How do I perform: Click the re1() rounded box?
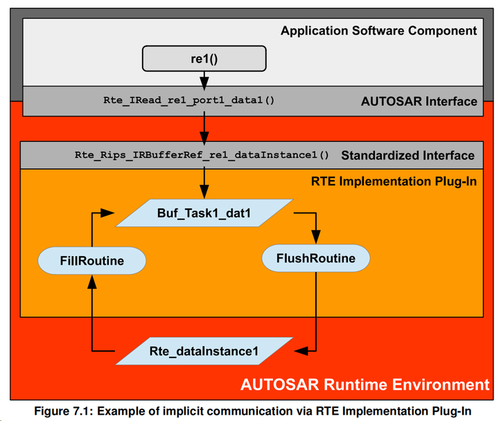pyautogui.click(x=204, y=58)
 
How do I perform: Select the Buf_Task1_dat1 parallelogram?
pyautogui.click(x=204, y=213)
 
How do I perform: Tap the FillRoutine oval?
pyautogui.click(x=91, y=260)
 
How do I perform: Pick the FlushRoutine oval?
pyautogui.click(x=315, y=259)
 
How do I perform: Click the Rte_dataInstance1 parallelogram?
pyautogui.click(x=204, y=352)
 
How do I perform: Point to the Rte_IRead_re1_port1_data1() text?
pyautogui.click(x=189, y=100)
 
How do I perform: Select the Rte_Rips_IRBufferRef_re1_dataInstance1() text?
pyautogui.click(x=202, y=155)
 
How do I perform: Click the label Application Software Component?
pyautogui.click(x=378, y=30)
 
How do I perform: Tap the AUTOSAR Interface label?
pyautogui.click(x=419, y=101)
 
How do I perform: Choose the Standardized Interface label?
pyautogui.click(x=408, y=155)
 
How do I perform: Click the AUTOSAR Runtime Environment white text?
pyautogui.click(x=365, y=384)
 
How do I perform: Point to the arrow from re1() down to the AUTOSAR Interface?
pyautogui.click(x=204, y=79)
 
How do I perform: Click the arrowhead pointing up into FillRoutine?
pyautogui.click(x=91, y=279)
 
